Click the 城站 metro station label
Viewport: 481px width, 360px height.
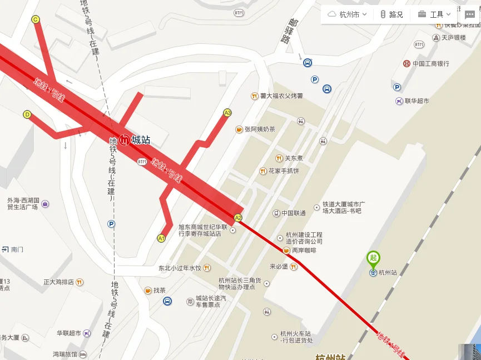coord(141,140)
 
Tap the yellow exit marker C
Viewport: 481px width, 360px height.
coord(36,19)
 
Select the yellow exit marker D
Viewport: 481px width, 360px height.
coord(27,114)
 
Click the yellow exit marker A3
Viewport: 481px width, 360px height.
coord(227,113)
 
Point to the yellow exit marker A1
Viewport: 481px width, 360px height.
coord(161,238)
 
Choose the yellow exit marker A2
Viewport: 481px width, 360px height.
coord(238,218)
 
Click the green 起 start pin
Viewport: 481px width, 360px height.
coord(373,258)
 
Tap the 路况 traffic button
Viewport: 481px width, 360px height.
coord(391,14)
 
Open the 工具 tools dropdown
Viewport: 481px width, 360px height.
coord(434,14)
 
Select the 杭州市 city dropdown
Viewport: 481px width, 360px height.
coord(348,14)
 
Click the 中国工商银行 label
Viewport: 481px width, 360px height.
coord(430,64)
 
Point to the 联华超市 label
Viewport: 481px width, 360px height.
coord(416,101)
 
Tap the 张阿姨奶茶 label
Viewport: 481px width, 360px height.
coord(260,129)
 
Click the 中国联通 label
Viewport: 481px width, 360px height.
coord(293,213)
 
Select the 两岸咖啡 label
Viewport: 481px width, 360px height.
coord(304,251)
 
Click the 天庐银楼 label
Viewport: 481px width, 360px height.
coord(453,38)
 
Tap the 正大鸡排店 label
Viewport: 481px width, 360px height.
coord(59,282)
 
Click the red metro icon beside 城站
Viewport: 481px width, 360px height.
coord(125,140)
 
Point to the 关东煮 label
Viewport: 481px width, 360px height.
coord(294,158)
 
